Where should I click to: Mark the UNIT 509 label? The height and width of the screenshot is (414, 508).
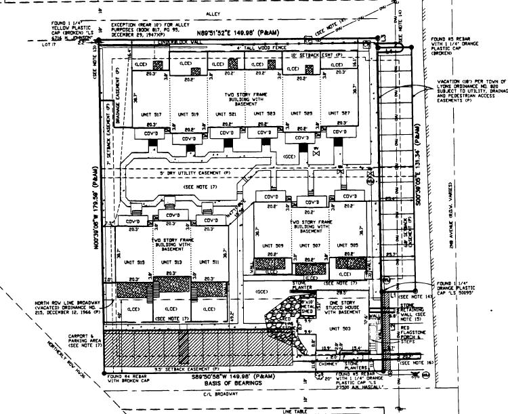coord(274,245)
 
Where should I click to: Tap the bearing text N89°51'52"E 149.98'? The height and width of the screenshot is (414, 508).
coord(237,32)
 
